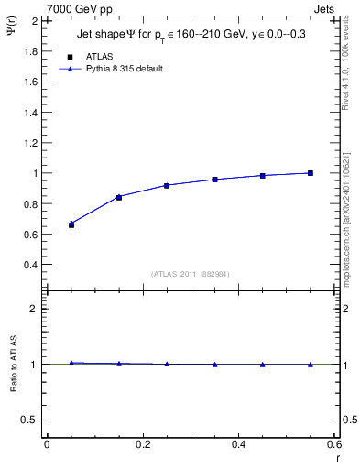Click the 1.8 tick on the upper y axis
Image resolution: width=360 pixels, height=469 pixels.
coord(32,51)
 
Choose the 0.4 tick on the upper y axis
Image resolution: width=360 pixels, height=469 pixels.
coord(32,265)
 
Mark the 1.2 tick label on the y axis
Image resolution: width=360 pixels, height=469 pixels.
coord(32,143)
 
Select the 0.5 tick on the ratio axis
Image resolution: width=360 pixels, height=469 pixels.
coord(32,420)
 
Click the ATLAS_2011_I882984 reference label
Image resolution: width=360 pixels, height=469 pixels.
coord(191,275)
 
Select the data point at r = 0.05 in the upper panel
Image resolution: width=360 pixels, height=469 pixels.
coord(71,224)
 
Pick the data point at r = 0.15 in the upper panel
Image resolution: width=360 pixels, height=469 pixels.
coord(119,197)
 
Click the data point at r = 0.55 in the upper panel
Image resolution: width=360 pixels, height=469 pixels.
coord(311,173)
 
